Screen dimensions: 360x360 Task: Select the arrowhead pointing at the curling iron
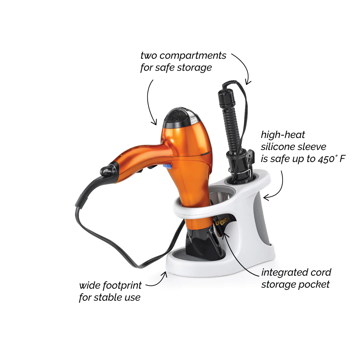click(x=247, y=82)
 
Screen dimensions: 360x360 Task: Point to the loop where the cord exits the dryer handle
click(x=106, y=170)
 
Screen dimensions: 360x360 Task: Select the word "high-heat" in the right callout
click(x=283, y=135)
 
